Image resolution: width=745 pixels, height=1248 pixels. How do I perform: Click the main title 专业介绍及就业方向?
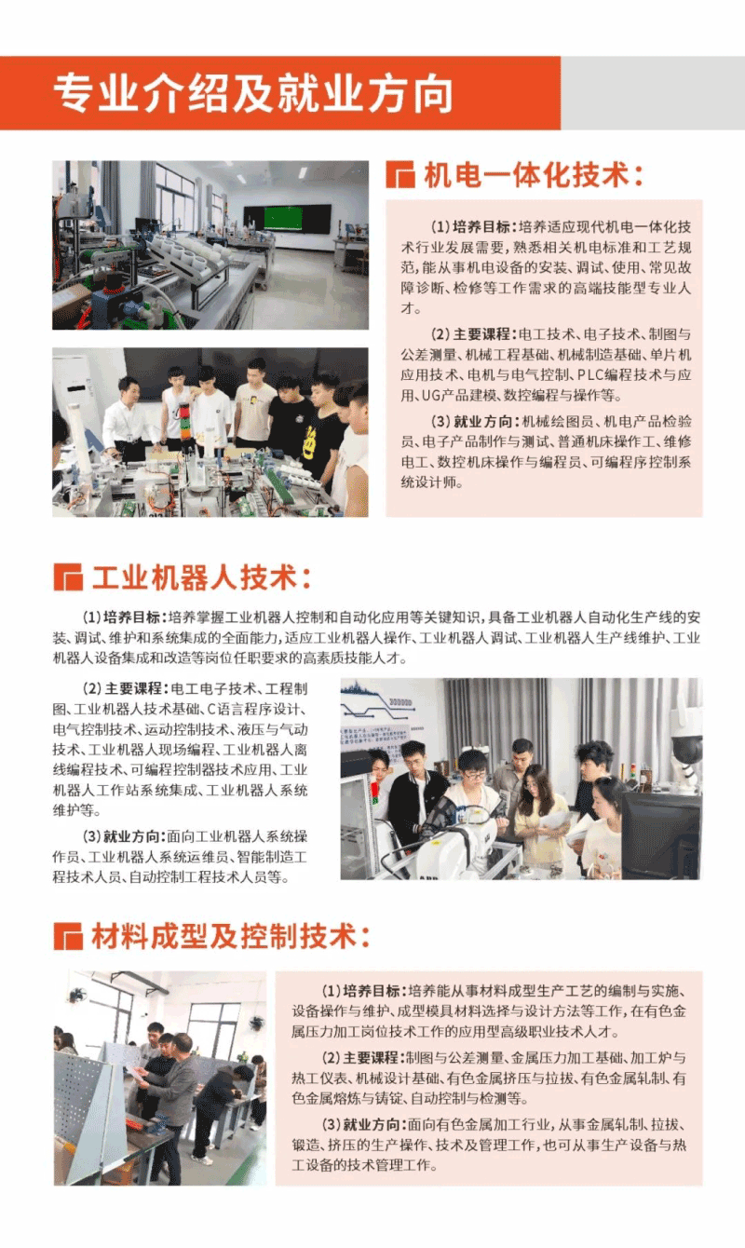(253, 93)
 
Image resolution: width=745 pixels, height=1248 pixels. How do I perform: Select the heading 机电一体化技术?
(534, 174)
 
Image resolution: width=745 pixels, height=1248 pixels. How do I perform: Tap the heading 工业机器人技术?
(201, 577)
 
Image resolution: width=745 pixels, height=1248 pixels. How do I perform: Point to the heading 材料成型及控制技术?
(231, 935)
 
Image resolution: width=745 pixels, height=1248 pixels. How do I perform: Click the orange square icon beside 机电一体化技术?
(400, 174)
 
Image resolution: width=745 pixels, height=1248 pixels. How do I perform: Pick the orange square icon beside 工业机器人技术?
(67, 577)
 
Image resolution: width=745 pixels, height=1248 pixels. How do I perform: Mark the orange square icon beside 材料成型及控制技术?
(67, 936)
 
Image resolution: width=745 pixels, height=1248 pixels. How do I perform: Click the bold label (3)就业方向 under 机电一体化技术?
(474, 421)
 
